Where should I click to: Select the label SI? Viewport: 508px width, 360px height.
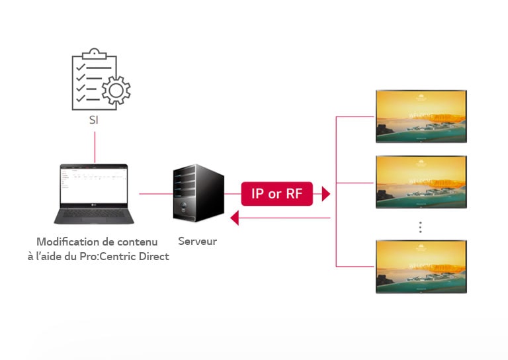click(x=95, y=120)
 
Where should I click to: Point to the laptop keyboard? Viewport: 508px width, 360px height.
click(x=93, y=214)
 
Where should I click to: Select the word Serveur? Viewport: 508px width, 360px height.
click(x=197, y=242)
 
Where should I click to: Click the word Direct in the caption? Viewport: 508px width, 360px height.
click(x=153, y=256)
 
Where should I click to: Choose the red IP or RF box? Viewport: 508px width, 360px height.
click(x=276, y=193)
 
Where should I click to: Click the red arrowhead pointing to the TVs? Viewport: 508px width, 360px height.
click(x=325, y=193)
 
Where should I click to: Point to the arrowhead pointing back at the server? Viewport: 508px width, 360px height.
click(x=233, y=217)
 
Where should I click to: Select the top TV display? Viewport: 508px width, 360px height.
click(x=421, y=116)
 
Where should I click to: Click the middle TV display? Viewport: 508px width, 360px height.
click(x=421, y=182)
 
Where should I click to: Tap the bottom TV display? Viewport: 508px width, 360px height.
click(x=421, y=267)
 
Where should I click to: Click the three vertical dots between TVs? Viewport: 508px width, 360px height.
click(x=419, y=227)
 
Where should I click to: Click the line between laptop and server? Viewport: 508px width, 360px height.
click(x=155, y=194)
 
